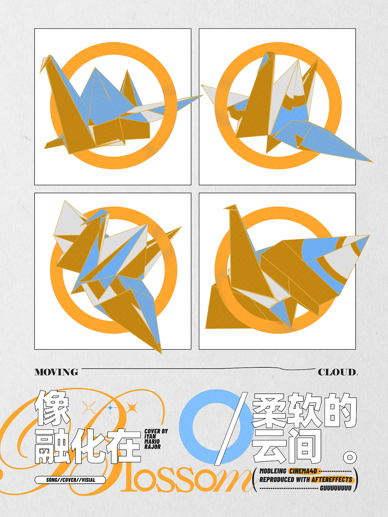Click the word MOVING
pyautogui.click(x=56, y=372)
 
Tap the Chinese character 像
pyautogui.click(x=52, y=408)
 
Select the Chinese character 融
pyautogui.click(x=53, y=446)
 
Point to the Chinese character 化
pyautogui.click(x=88, y=446)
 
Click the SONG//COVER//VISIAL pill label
pyautogui.click(x=70, y=480)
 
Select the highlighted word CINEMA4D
pyautogui.click(x=303, y=471)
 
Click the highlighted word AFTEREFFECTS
pyautogui.click(x=332, y=479)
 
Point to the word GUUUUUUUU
pyautogui.click(x=336, y=488)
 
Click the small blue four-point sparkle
pyautogui.click(x=110, y=408)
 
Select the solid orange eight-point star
pyautogui.click(x=132, y=408)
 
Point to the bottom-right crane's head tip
pyautogui.click(x=224, y=208)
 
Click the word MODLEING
pyautogui.click(x=273, y=471)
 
